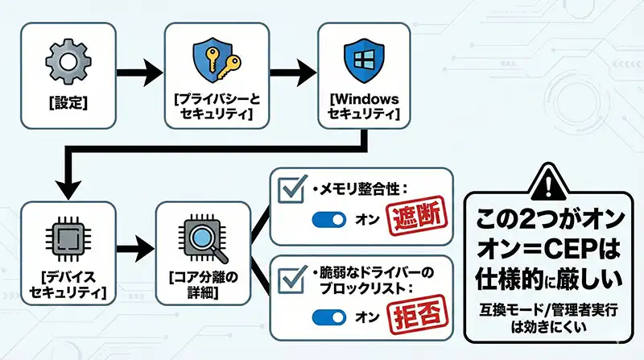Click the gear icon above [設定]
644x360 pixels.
pyautogui.click(x=64, y=60)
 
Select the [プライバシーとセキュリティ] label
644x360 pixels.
pyautogui.click(x=216, y=108)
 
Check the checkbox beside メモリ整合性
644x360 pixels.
pyautogui.click(x=290, y=190)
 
